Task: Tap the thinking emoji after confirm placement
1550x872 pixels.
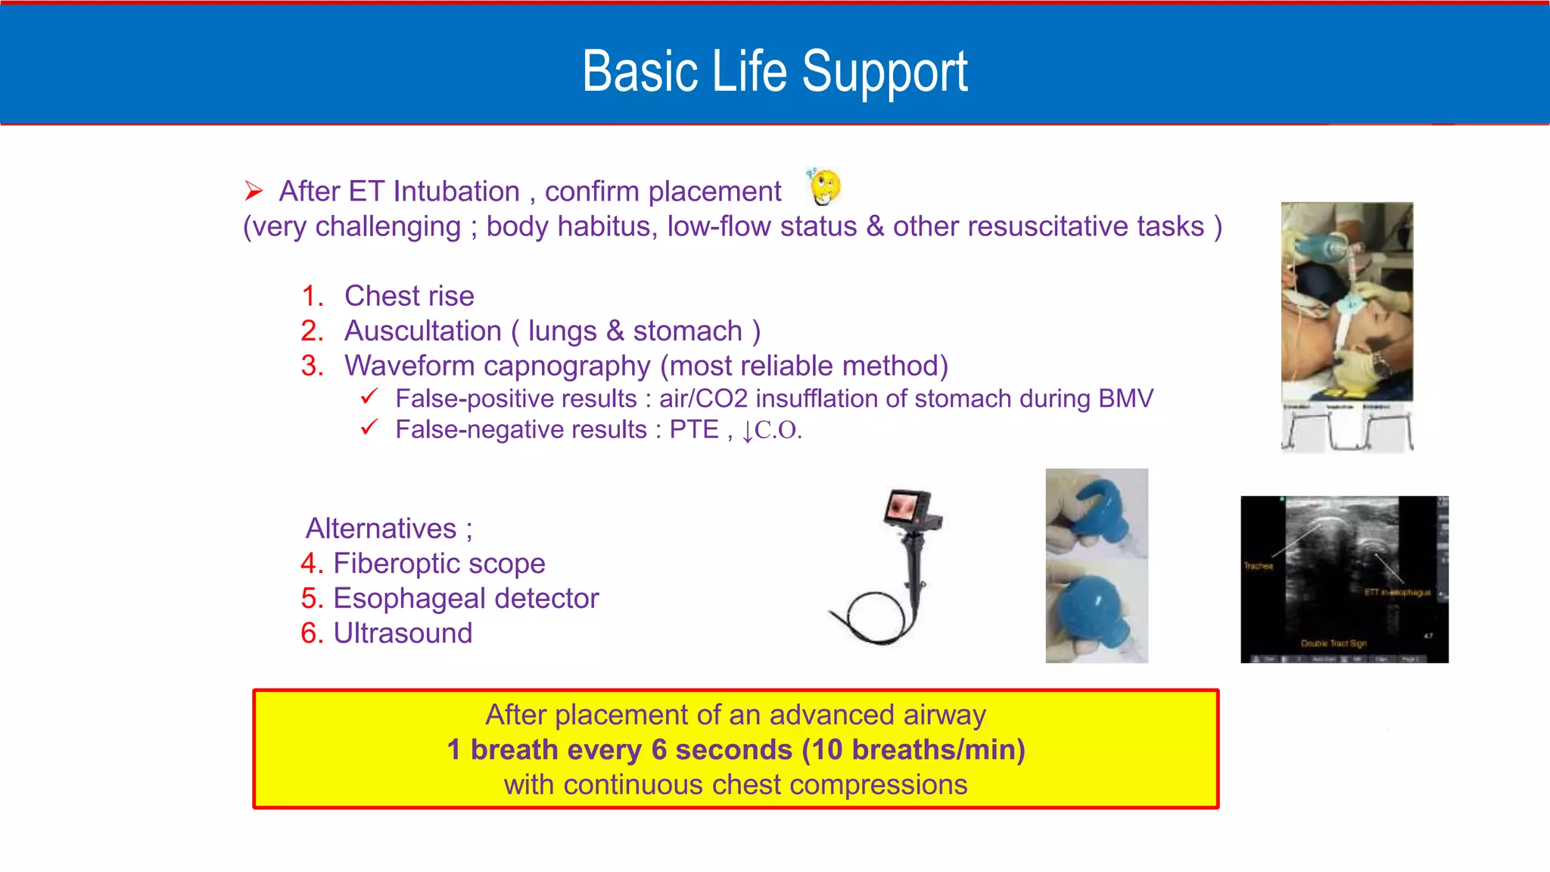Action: coord(824,186)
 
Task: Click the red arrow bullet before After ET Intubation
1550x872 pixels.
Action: coord(254,191)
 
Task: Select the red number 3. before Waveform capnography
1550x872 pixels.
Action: coord(312,366)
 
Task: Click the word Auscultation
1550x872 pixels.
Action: coord(422,331)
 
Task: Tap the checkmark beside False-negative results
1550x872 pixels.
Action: coord(369,428)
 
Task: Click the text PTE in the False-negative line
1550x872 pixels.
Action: coord(693,429)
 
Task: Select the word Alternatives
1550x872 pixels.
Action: coord(381,528)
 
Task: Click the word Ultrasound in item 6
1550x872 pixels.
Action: coord(403,633)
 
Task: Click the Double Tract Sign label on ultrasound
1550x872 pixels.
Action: coord(1333,643)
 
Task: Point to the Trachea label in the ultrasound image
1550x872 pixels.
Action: coord(1258,565)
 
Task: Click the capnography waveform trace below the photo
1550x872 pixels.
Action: coord(1346,432)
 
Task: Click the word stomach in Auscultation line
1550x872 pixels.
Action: coord(687,331)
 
